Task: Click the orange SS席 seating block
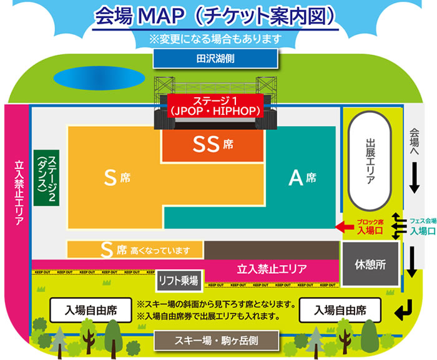click(x=212, y=145)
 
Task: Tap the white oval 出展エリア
click(x=369, y=162)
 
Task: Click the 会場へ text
click(x=414, y=144)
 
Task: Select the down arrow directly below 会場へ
click(x=414, y=181)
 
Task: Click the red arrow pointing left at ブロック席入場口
click(x=345, y=229)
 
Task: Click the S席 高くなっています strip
click(x=135, y=250)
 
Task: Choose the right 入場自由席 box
click(x=340, y=310)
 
